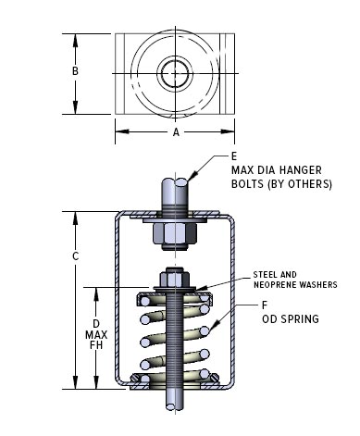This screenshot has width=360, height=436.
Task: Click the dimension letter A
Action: pos(176,132)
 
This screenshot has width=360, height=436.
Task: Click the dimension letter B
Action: pos(75,71)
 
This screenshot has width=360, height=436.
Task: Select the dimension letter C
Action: pos(75,256)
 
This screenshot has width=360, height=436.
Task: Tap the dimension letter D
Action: pos(96,324)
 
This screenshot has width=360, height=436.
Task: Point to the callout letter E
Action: pos(234,156)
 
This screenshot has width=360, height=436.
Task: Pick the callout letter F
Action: pos(265,305)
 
